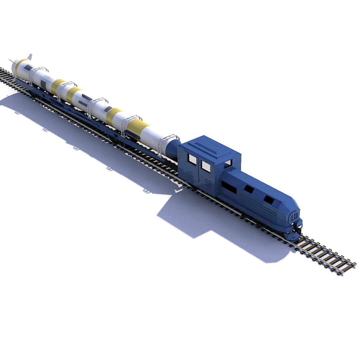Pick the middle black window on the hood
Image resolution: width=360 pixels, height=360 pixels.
[x=249, y=189]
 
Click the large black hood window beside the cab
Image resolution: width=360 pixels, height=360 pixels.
[x=229, y=187]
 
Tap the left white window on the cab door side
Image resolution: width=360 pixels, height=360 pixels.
[x=192, y=159]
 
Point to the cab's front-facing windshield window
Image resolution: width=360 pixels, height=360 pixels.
[x=228, y=163]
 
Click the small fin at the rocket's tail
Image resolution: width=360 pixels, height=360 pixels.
[x=30, y=57]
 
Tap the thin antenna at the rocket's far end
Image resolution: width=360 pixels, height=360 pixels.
[x=12, y=61]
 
